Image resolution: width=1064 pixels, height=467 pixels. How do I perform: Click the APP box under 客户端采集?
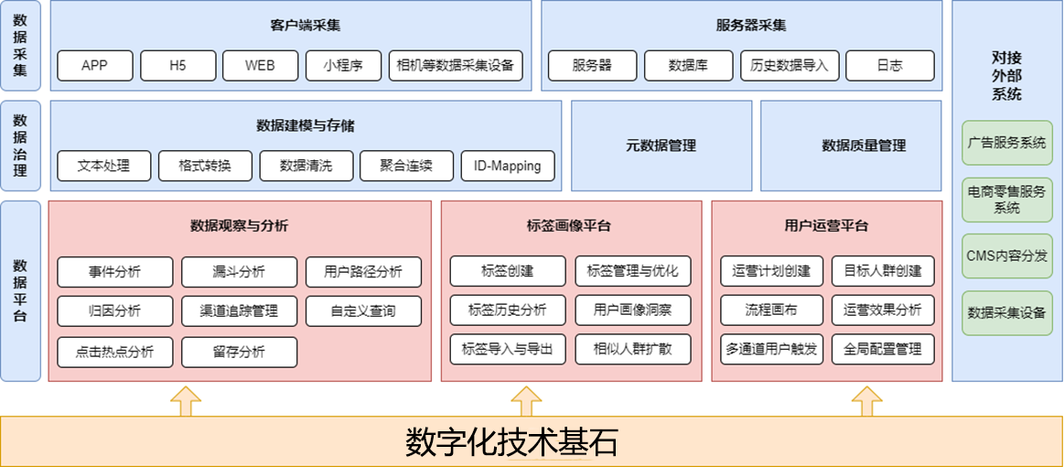[95, 66]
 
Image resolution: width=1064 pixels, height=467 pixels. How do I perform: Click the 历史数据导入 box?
[789, 66]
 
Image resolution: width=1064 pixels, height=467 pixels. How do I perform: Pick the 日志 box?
[889, 66]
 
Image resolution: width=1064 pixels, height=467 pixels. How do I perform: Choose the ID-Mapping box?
[508, 166]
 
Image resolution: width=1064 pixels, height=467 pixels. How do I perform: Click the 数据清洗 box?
[306, 166]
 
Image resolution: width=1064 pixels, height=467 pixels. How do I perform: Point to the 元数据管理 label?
[661, 146]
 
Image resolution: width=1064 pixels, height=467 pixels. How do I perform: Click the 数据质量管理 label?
[864, 146]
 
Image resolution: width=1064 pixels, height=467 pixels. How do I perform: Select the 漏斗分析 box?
[239, 272]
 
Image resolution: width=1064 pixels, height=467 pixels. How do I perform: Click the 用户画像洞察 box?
[632, 310]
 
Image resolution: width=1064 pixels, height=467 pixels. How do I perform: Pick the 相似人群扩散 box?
[632, 349]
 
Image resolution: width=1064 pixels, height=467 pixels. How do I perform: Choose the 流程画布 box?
[771, 310]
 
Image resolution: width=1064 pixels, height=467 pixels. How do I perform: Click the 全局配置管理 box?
[883, 349]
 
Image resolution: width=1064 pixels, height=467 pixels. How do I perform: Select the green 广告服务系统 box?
[1006, 143]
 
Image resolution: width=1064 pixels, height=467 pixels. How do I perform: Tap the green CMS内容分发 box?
[1006, 255]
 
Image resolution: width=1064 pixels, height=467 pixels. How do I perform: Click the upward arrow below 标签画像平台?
[526, 401]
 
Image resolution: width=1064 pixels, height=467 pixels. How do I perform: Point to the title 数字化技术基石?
[511, 442]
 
